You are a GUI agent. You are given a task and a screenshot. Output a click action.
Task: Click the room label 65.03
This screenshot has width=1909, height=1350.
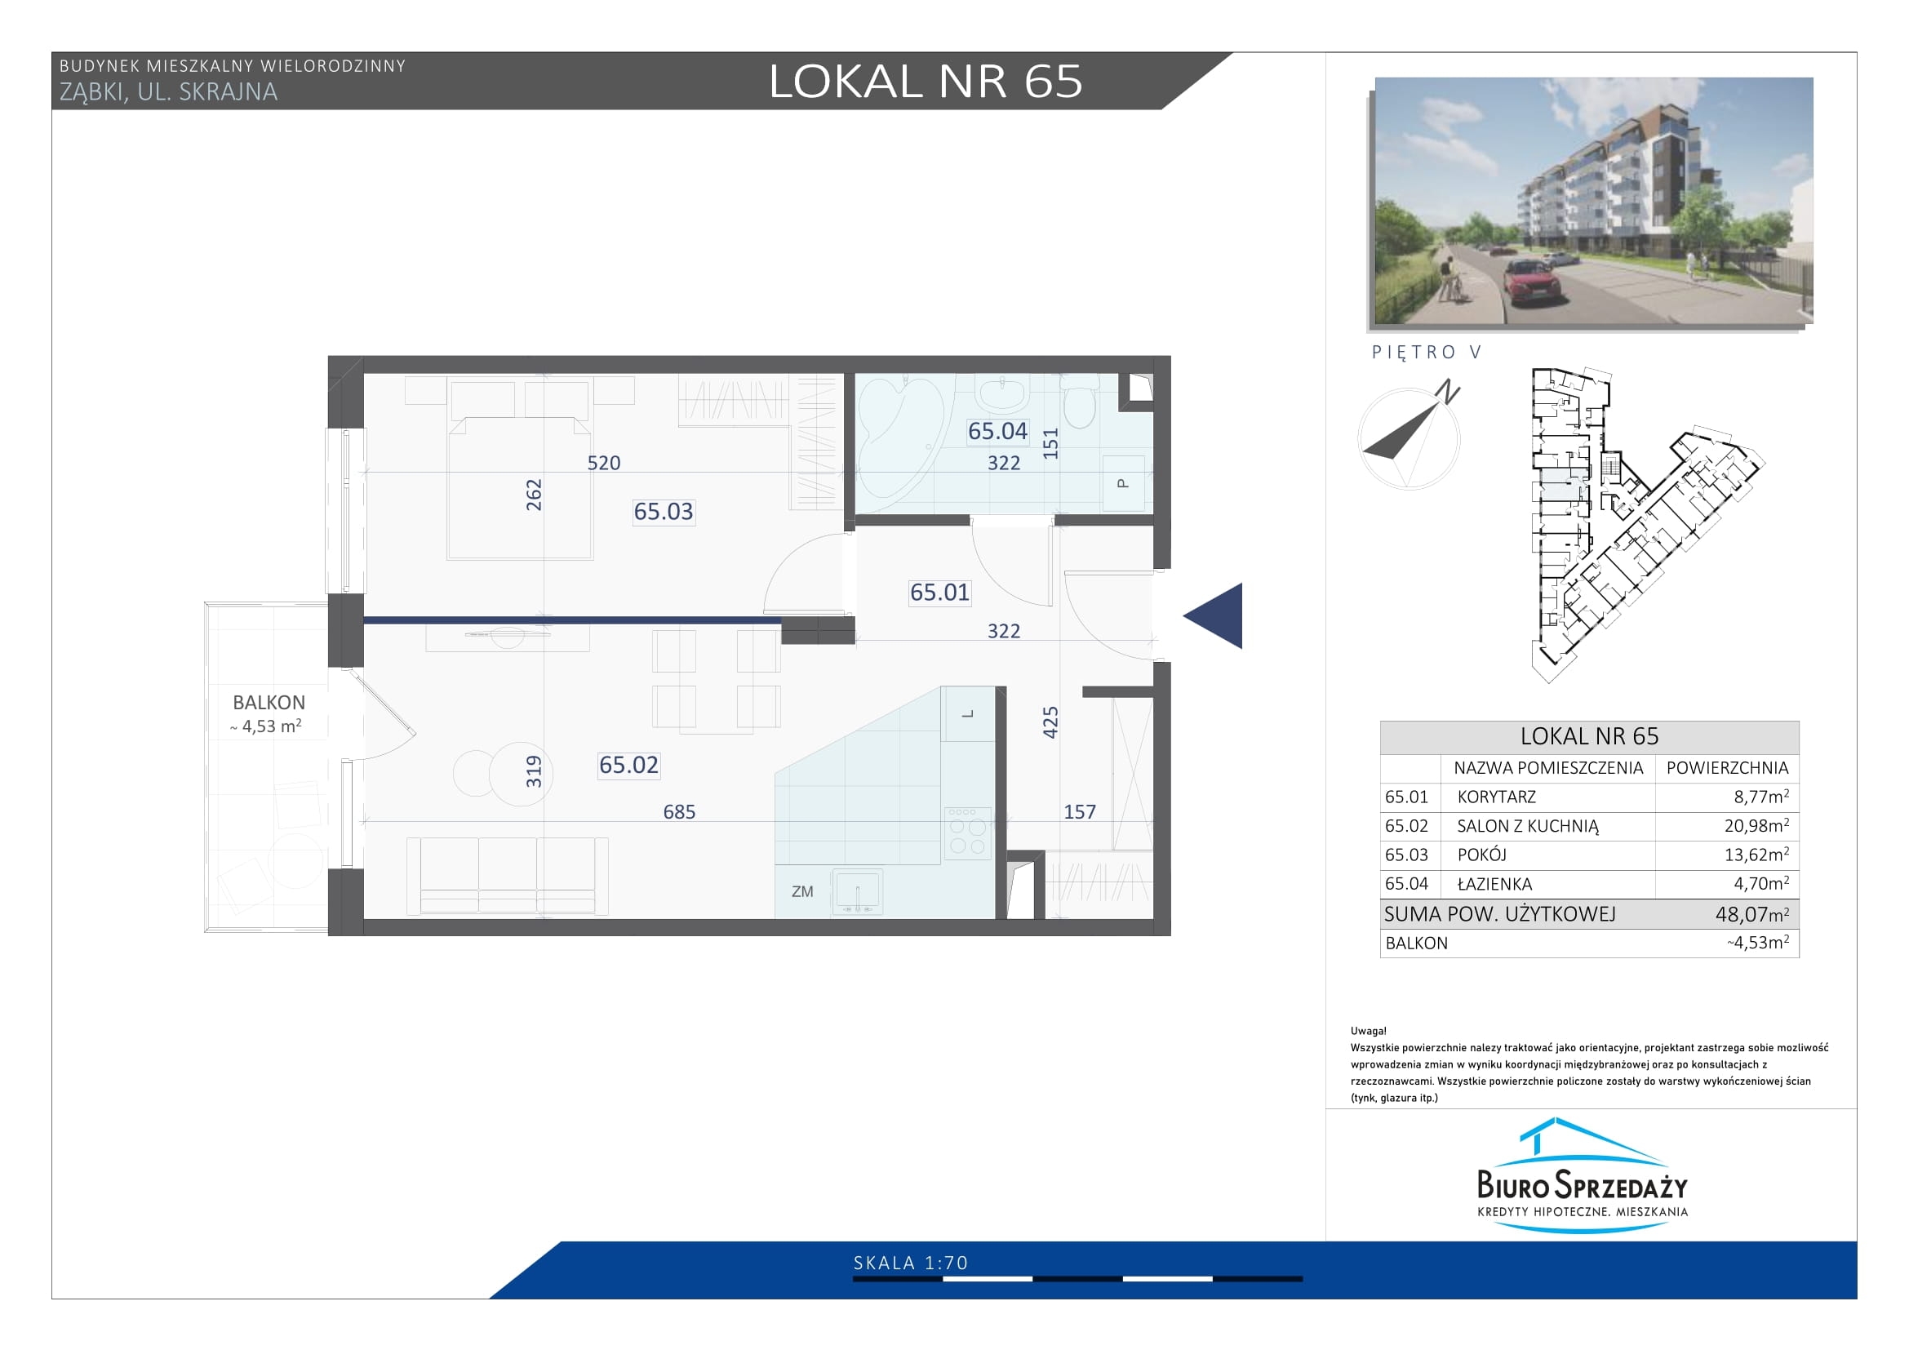tap(663, 511)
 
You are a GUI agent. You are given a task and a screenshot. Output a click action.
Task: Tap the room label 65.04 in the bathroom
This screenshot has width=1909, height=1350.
tap(997, 431)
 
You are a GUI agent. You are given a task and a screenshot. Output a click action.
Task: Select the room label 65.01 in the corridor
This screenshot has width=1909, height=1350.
tap(939, 592)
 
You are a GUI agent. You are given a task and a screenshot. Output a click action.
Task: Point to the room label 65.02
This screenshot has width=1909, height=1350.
tap(628, 764)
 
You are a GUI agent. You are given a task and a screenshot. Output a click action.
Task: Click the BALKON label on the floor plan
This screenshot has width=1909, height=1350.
tap(269, 703)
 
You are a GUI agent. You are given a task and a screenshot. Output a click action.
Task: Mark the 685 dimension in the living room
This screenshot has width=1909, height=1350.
tap(679, 811)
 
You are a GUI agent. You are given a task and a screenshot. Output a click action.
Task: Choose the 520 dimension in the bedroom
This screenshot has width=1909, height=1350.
tap(604, 463)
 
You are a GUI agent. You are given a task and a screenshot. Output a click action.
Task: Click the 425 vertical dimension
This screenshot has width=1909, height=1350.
tap(1050, 722)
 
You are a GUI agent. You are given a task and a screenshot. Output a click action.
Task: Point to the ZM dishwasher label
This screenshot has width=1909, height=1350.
tap(802, 892)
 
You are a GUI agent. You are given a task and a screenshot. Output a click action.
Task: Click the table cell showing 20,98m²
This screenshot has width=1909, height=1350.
tap(1756, 825)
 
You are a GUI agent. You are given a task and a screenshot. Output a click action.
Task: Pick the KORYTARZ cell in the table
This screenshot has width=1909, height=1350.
tap(1497, 797)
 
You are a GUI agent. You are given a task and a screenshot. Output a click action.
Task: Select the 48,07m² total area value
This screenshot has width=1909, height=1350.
tap(1751, 914)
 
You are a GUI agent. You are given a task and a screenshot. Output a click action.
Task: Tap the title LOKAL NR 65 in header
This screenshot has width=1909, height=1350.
tap(926, 81)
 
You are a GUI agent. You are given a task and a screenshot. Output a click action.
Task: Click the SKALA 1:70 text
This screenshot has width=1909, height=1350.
tap(911, 1263)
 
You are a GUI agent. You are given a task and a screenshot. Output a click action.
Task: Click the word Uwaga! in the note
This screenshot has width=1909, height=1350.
tap(1369, 1031)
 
